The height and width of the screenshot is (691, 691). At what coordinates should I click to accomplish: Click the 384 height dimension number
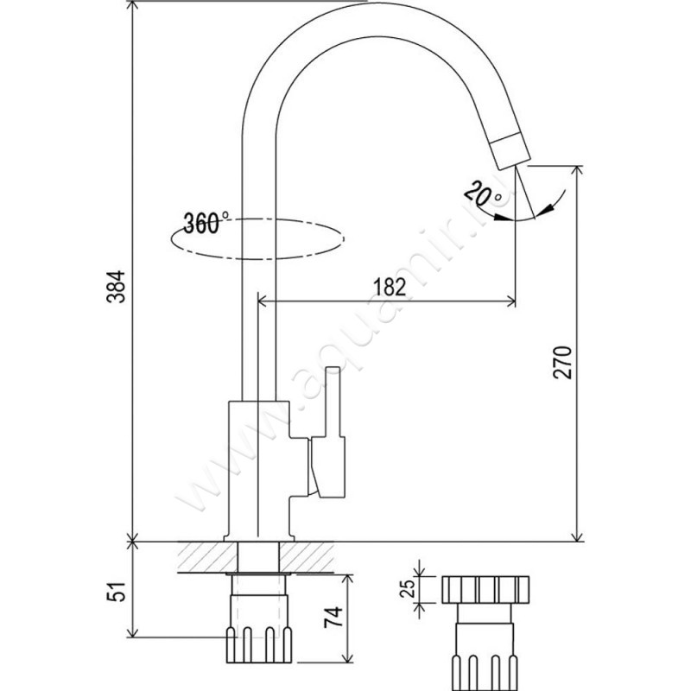click(x=117, y=287)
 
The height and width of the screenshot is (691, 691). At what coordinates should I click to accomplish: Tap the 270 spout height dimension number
click(x=562, y=362)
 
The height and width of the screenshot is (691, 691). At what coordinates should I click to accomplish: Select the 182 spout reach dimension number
click(x=390, y=288)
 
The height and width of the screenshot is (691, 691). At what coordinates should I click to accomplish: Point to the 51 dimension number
click(x=117, y=591)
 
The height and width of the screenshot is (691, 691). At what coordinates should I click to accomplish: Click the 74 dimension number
click(x=333, y=617)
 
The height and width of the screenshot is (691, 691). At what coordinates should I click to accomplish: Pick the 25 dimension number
click(x=408, y=588)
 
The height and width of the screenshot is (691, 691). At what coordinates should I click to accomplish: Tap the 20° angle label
click(x=482, y=193)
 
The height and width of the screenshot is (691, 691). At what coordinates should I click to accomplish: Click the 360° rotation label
click(x=206, y=223)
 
